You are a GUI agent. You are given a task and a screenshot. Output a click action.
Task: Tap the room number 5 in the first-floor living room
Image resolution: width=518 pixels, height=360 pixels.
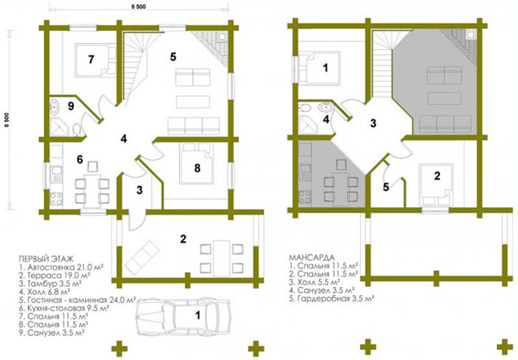click(173, 57)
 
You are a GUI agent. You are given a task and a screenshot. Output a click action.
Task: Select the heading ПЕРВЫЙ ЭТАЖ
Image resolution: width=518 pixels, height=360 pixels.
click(46, 258)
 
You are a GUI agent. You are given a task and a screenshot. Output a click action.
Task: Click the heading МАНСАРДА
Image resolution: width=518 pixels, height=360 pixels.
click(312, 257)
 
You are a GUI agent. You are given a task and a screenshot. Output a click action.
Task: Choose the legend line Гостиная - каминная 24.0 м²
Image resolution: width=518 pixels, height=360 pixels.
click(78, 300)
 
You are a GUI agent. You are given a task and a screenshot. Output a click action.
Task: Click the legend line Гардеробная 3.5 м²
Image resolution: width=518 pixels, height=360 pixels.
click(332, 299)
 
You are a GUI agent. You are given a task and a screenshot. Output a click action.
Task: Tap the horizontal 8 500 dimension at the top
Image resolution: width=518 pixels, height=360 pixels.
click(139, 6)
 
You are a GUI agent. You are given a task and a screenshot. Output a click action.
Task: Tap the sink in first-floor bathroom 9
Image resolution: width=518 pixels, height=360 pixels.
click(54, 106)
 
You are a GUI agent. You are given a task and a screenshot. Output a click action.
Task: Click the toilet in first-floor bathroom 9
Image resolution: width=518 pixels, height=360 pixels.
click(76, 129)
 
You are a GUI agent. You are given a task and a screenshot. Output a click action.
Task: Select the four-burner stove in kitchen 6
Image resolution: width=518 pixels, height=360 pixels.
click(56, 199)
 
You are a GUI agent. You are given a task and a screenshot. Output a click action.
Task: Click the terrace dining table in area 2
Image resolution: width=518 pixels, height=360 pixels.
click(221, 258)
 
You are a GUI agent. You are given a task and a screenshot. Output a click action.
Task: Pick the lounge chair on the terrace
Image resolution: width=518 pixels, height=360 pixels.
click(142, 258)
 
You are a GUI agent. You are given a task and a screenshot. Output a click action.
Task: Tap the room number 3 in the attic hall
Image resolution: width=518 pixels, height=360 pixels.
click(373, 123)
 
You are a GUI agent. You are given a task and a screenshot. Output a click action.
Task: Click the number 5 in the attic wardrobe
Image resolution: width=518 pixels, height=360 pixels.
click(385, 187)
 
